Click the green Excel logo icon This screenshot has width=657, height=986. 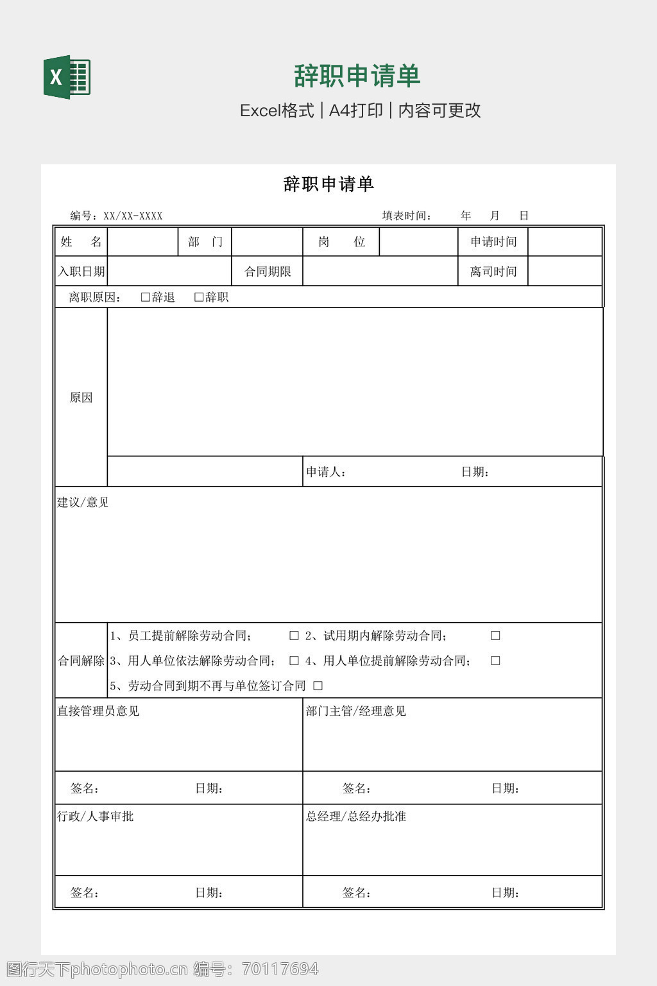pyautogui.click(x=67, y=78)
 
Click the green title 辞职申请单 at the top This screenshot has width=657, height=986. pyautogui.click(x=357, y=76)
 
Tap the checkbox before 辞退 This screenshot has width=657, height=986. pyautogui.click(x=146, y=297)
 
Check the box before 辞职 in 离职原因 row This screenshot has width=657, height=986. pyautogui.click(x=199, y=297)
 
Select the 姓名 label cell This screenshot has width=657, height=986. pyautogui.click(x=81, y=242)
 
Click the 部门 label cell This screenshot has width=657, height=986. pyautogui.click(x=205, y=242)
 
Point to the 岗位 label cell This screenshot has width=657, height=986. pyautogui.click(x=341, y=242)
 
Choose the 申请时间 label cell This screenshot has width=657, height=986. pyautogui.click(x=493, y=242)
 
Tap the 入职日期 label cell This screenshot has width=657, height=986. pyautogui.click(x=81, y=272)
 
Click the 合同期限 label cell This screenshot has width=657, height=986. pyautogui.click(x=268, y=272)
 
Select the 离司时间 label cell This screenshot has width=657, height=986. pyautogui.click(x=493, y=272)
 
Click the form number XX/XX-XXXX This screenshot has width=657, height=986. pyautogui.click(x=133, y=216)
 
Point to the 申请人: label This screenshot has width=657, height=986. pyautogui.click(x=326, y=472)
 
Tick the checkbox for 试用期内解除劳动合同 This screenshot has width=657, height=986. pyautogui.click(x=495, y=636)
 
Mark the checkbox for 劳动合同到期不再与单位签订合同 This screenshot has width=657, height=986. pyautogui.click(x=318, y=686)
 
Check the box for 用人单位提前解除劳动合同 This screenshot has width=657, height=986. pyautogui.click(x=495, y=661)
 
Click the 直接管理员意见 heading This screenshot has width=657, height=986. pyautogui.click(x=98, y=711)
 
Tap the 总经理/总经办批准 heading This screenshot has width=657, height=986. pyautogui.click(x=355, y=817)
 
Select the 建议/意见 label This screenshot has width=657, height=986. pyautogui.click(x=83, y=503)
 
